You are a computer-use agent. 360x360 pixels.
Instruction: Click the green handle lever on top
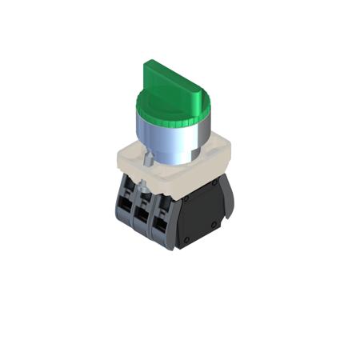pyautogui.click(x=173, y=80)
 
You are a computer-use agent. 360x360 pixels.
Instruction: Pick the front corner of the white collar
pyautogui.click(x=173, y=181)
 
